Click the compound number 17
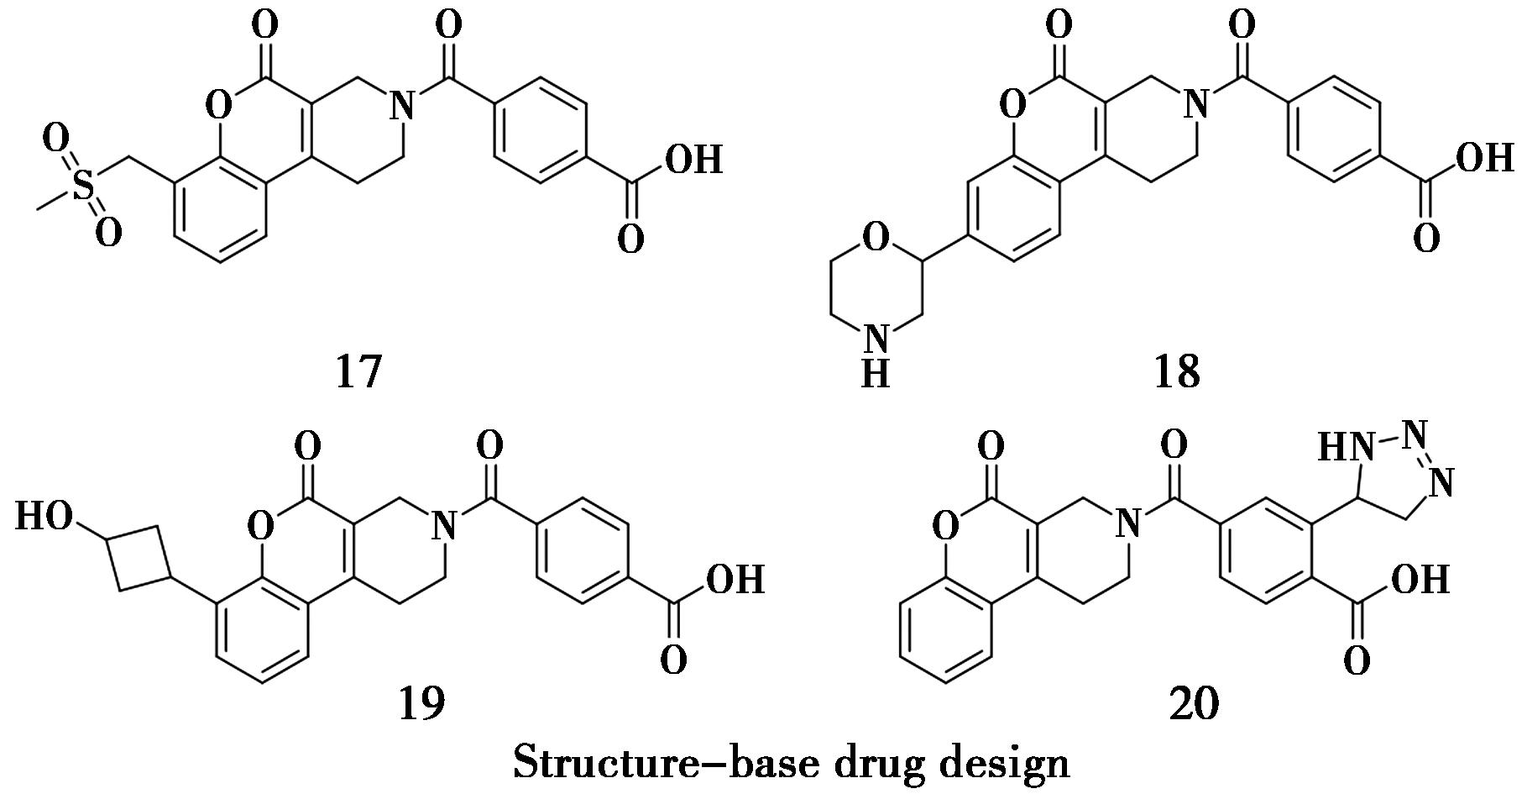[x=358, y=371]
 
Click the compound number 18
[x=1176, y=371]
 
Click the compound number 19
[x=421, y=704]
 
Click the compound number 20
[x=1193, y=704]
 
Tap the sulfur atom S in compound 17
[x=83, y=186]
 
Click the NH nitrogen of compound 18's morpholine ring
[x=876, y=340]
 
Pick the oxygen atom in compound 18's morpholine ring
[x=876, y=239]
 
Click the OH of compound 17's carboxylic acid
[x=694, y=160]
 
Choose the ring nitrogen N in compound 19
[x=446, y=526]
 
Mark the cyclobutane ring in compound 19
[x=139, y=558]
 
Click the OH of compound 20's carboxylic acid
[x=1420, y=579]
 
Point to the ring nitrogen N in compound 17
[x=405, y=107]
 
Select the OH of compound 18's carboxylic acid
[x=1485, y=158]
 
